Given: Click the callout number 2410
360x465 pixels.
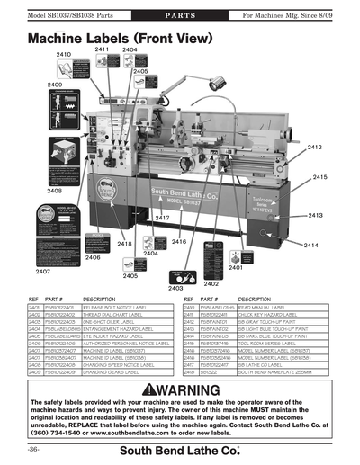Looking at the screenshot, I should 63,55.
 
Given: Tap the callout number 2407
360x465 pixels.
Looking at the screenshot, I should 42,271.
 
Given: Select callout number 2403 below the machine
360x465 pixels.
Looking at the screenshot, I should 176,288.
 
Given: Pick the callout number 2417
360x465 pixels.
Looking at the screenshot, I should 162,219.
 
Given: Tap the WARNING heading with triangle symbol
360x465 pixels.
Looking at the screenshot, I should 181,389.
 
